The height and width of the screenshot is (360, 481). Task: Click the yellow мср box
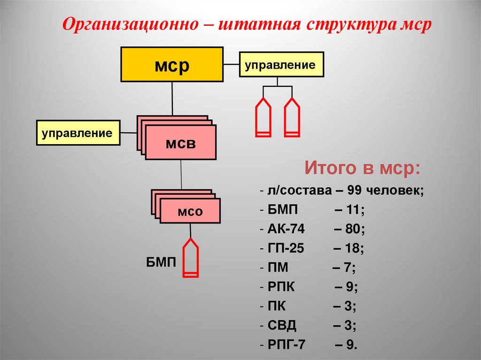(172, 64)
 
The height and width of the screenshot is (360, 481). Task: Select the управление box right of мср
(282, 64)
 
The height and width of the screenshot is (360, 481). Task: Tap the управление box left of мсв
(78, 132)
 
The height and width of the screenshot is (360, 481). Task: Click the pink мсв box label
(180, 143)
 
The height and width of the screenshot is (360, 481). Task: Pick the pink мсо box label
(190, 211)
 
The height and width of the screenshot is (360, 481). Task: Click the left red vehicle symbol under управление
(263, 117)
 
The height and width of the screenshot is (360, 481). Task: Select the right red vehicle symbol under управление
(292, 117)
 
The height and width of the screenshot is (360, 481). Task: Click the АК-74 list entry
(286, 230)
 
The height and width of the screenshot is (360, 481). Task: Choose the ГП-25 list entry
(286, 249)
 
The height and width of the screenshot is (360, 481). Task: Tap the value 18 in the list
(352, 249)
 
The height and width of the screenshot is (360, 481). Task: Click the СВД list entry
(282, 325)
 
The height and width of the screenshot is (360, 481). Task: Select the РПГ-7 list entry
(287, 345)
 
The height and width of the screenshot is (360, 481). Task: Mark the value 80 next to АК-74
(352, 230)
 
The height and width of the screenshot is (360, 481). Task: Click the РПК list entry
(282, 287)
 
